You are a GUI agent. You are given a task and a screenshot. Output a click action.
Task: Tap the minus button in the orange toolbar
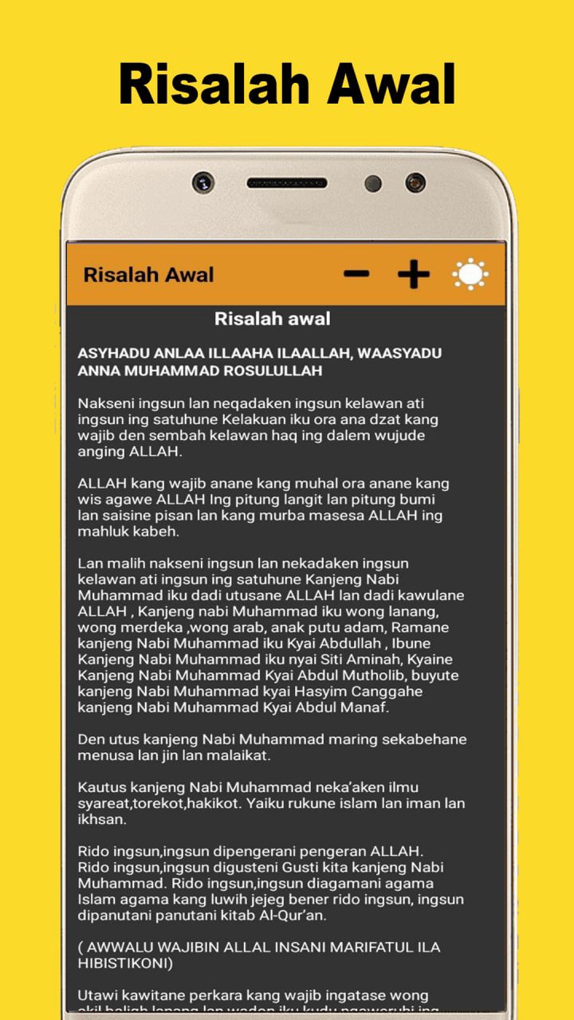356,274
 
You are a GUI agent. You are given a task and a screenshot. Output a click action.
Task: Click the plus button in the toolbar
413,274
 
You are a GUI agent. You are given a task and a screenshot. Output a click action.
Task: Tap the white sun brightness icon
470,274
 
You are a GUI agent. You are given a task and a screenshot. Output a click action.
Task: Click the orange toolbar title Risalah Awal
148,275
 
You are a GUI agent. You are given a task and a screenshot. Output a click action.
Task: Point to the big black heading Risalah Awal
287,84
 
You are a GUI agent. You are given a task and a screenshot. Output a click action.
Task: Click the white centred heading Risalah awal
273,319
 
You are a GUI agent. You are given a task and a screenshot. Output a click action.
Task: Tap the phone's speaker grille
286,182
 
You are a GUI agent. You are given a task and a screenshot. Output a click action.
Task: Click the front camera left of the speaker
203,182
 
